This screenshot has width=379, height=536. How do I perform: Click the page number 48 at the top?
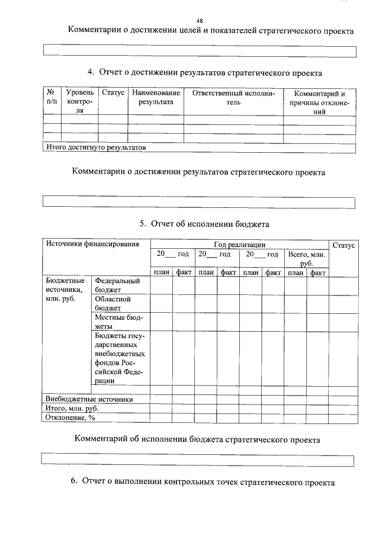[199, 20]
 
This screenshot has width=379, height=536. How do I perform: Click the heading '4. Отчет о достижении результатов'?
[204, 72]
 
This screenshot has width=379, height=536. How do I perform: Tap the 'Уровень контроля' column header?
[79, 102]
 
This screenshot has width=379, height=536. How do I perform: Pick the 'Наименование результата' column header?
[156, 98]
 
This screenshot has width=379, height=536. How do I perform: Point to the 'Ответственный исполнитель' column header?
[233, 98]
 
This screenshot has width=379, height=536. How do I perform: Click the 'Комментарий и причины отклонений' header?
[319, 102]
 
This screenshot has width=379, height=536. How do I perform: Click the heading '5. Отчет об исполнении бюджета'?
[204, 224]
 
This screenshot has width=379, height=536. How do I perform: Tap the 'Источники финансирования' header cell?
[92, 244]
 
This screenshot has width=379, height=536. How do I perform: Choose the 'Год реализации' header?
[239, 244]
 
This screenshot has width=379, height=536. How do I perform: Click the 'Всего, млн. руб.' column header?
[306, 258]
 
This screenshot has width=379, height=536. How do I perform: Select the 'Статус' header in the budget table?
[343, 245]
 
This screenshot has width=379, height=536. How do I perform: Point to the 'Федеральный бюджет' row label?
[117, 285]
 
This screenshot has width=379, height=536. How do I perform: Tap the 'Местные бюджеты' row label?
[118, 322]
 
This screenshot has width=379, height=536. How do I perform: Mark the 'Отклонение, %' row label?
[70, 418]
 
